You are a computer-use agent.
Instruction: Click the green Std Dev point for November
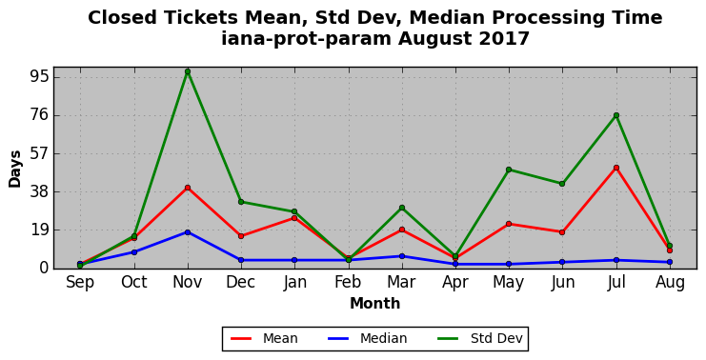[188, 71]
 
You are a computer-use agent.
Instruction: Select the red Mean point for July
[615, 168]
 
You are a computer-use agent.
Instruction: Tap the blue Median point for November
[188, 232]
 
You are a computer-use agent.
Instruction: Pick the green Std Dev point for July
[615, 115]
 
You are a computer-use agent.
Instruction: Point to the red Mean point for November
[188, 188]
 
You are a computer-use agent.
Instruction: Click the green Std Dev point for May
[509, 170]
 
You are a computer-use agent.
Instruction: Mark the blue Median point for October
[134, 252]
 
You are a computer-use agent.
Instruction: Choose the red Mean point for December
[241, 236]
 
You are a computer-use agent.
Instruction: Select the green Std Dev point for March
[402, 208]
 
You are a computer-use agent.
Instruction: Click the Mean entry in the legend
[264, 338]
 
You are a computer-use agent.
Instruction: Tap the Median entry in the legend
[367, 338]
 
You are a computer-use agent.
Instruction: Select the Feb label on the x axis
[348, 282]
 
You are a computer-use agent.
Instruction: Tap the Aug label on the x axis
[670, 283]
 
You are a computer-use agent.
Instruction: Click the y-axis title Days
[15, 169]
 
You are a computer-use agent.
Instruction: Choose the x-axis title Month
[375, 303]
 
